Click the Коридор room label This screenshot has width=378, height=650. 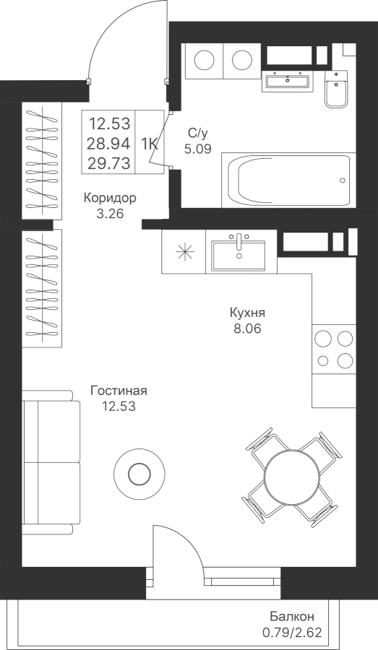pyautogui.click(x=110, y=198)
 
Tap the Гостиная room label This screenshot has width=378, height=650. pyautogui.click(x=119, y=391)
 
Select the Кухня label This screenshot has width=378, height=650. pyautogui.click(x=247, y=313)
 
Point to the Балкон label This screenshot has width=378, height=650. pyautogui.click(x=292, y=617)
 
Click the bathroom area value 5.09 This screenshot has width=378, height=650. pyautogui.click(x=198, y=148)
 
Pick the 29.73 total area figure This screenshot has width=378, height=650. pyautogui.click(x=108, y=163)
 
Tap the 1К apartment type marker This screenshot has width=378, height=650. pyautogui.click(x=150, y=144)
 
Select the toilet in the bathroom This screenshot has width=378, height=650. pyautogui.click(x=337, y=89)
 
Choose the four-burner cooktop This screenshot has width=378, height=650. pyautogui.click(x=334, y=350)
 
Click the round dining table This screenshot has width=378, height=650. pyautogui.click(x=293, y=474)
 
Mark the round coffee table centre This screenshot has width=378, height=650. pyautogui.click(x=139, y=473)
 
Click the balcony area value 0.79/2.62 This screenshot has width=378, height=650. pyautogui.click(x=292, y=633)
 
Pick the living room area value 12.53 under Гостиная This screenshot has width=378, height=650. pyautogui.click(x=119, y=407)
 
